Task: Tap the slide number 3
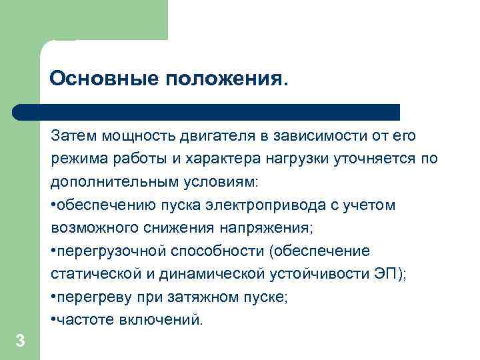click(x=20, y=342)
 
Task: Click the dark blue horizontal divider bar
click(x=207, y=111)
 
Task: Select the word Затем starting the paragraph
click(x=71, y=136)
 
